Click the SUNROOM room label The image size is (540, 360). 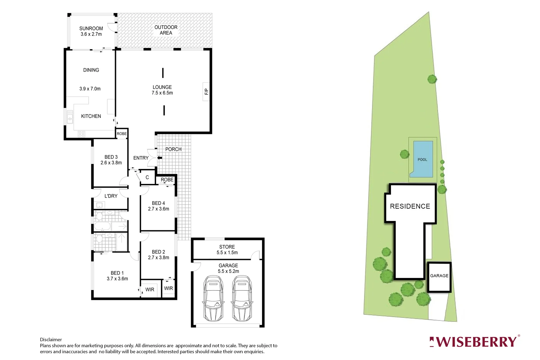pyautogui.click(x=91, y=29)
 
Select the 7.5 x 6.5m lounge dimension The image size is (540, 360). pyautogui.click(x=162, y=93)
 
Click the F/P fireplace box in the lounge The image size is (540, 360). pyautogui.click(x=206, y=91)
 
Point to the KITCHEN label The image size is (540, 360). pyautogui.click(x=91, y=116)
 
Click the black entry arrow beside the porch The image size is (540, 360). pyautogui.click(x=159, y=158)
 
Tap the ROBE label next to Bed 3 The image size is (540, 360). pyautogui.click(x=122, y=134)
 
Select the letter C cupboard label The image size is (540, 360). pyautogui.click(x=147, y=177)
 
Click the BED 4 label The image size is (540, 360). pyautogui.click(x=158, y=203)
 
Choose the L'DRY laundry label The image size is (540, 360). pyautogui.click(x=111, y=196)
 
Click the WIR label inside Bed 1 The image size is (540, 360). pyautogui.click(x=150, y=289)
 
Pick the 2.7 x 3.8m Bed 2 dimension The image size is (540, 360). pyautogui.click(x=158, y=258)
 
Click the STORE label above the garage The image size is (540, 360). pyautogui.click(x=227, y=247)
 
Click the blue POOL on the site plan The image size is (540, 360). pyautogui.click(x=423, y=159)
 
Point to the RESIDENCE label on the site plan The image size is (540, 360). pyautogui.click(x=410, y=206)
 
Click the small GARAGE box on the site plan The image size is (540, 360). pyautogui.click(x=439, y=277)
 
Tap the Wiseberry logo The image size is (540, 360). pyautogui.click(x=474, y=342)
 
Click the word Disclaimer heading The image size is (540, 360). pyautogui.click(x=51, y=340)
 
